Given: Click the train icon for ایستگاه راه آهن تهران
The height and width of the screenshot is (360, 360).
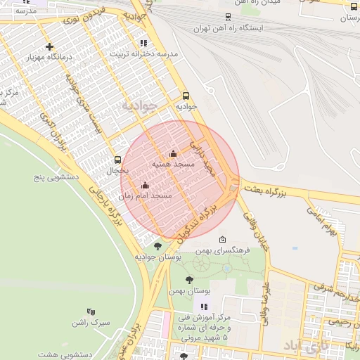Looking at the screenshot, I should [227, 17].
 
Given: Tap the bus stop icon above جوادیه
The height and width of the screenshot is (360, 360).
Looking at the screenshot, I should [186, 96].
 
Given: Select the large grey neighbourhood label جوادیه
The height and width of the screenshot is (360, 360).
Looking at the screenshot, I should [138, 105].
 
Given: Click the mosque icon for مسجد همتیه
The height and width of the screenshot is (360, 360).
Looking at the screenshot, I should [173, 154].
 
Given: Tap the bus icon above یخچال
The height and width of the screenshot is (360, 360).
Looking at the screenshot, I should [117, 160].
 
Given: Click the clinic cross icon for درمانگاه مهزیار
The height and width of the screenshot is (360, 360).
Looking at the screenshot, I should [49, 47].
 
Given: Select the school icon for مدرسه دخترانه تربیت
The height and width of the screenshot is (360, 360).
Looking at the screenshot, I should [143, 44].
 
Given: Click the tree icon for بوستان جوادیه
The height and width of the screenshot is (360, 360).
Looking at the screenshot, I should [157, 246].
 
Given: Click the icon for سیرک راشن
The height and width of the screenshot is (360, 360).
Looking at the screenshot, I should [91, 311].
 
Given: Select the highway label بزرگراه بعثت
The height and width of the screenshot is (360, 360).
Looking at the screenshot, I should [268, 188].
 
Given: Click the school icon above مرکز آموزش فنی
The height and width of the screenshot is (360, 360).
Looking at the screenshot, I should [204, 307].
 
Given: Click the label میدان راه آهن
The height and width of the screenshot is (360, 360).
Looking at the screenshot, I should [259, 3].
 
